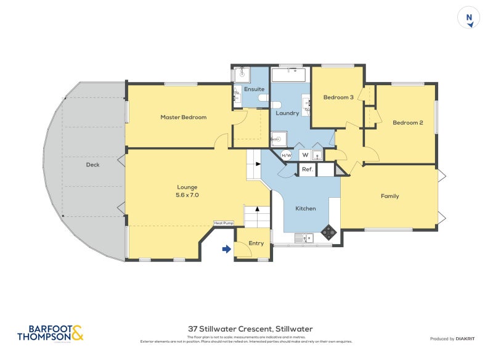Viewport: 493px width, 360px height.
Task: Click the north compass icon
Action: tap(469, 18)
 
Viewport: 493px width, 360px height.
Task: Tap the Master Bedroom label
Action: tap(183, 117)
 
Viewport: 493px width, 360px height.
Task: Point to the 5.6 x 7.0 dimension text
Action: tap(187, 195)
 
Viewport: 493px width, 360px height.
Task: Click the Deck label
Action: tap(92, 165)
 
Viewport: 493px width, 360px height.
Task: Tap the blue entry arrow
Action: tap(226, 249)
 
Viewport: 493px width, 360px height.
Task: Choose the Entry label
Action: tap(256, 243)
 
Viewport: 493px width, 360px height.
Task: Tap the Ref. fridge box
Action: tap(308, 169)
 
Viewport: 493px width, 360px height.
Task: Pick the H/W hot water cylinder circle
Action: tap(287, 155)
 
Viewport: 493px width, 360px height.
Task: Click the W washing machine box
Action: tap(304, 155)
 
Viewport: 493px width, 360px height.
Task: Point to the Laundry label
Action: tap(287, 113)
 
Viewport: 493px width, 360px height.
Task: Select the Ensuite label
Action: tap(254, 89)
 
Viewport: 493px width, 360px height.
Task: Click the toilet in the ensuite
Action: tap(262, 99)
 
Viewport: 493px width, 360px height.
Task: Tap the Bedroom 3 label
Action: tap(338, 97)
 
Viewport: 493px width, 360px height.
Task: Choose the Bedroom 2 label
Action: tap(407, 123)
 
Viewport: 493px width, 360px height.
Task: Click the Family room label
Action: tap(389, 196)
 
